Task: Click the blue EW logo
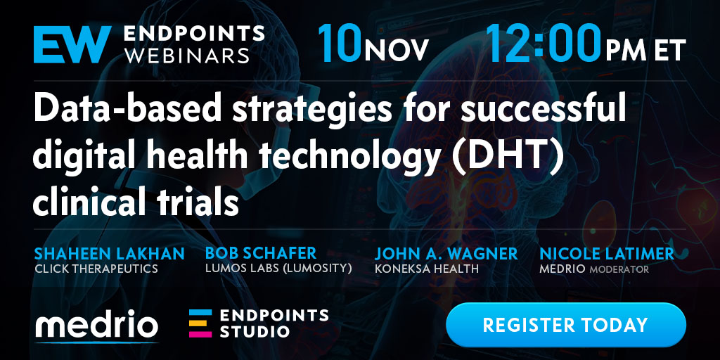pyautogui.click(x=72, y=44)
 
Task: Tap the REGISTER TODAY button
pyautogui.click(x=566, y=325)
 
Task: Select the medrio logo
pyautogui.click(x=96, y=325)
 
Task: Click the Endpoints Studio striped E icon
pyautogui.click(x=200, y=323)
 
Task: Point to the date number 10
pyautogui.click(x=340, y=43)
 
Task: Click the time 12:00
pyautogui.click(x=544, y=43)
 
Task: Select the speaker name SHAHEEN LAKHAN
pyautogui.click(x=109, y=253)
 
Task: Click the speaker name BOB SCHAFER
pyautogui.click(x=261, y=253)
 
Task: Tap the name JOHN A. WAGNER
pyautogui.click(x=446, y=253)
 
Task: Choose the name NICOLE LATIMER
pyautogui.click(x=607, y=253)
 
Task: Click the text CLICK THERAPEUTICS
pyautogui.click(x=96, y=269)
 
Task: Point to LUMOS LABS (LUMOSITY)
pyautogui.click(x=278, y=269)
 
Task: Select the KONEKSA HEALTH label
pyautogui.click(x=427, y=269)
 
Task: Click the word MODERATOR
pyautogui.click(x=619, y=269)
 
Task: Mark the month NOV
pyautogui.click(x=397, y=50)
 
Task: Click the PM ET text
pyautogui.click(x=645, y=50)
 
